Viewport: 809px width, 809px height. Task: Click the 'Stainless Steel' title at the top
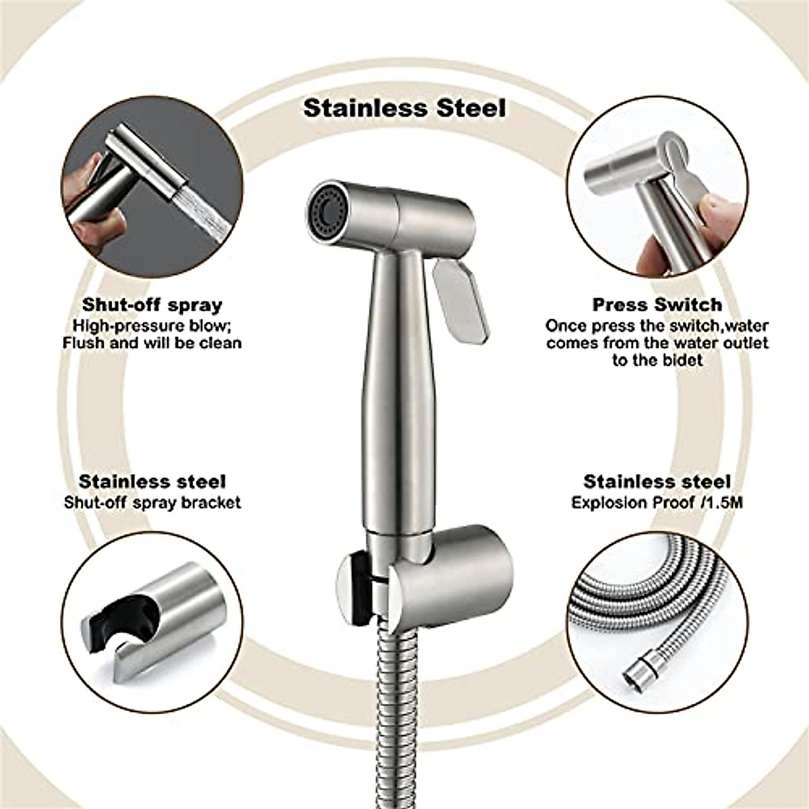tap(404, 108)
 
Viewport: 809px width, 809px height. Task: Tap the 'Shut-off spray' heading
tap(152, 305)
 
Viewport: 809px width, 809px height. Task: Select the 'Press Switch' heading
tap(657, 305)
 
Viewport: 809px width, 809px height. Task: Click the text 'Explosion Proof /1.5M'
tap(657, 503)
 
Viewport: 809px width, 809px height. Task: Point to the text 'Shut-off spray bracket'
tap(152, 503)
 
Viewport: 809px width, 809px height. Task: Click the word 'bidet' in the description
tap(682, 361)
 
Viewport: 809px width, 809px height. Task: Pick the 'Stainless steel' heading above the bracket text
tap(152, 482)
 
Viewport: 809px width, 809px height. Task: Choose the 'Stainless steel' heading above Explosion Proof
tap(657, 482)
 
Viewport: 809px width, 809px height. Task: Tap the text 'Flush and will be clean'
tap(152, 343)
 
